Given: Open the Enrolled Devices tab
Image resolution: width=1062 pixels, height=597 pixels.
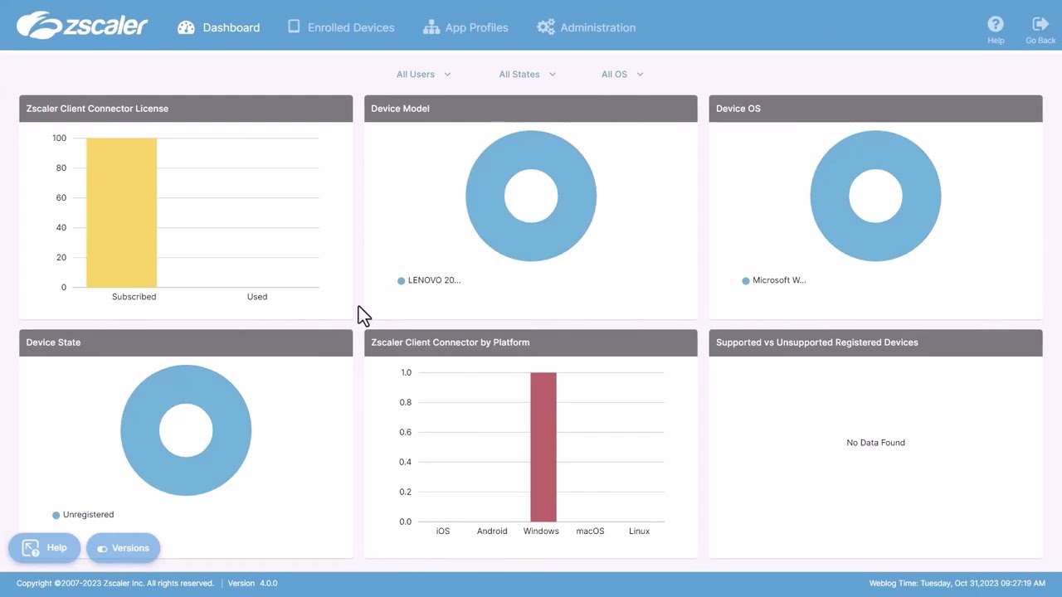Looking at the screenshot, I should pos(341,27).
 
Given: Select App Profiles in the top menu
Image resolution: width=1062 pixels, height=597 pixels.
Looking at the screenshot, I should pos(465,27).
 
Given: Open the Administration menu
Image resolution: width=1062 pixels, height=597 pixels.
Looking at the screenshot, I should pos(586,27).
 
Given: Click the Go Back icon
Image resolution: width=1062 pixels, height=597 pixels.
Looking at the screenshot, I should pos(1040,24).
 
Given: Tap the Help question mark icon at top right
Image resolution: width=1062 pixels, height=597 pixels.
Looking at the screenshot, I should pos(996,24).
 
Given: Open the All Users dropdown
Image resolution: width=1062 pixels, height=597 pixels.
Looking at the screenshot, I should pos(423,74).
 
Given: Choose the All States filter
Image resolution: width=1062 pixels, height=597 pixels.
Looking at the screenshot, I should pos(527,74).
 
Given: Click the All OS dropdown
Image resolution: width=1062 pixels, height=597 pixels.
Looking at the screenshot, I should pos(622,74).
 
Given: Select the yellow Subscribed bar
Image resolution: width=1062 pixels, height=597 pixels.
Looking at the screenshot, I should pos(121,213).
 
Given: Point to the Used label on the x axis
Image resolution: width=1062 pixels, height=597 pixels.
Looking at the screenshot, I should pos(257,296).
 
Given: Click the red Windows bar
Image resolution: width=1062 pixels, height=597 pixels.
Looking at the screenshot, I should pos(543,447).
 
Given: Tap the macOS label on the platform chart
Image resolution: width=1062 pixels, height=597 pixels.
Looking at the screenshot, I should pos(590,531).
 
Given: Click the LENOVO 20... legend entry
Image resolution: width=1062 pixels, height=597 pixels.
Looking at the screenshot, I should pos(429,280).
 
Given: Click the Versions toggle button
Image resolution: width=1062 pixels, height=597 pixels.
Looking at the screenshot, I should pos(123,548).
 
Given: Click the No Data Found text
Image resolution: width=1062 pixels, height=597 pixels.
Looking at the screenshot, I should pos(875,443).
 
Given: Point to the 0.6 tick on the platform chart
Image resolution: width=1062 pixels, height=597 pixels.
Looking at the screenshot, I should pos(406,432).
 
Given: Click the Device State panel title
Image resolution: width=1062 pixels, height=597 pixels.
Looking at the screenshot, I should pos(53,342).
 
